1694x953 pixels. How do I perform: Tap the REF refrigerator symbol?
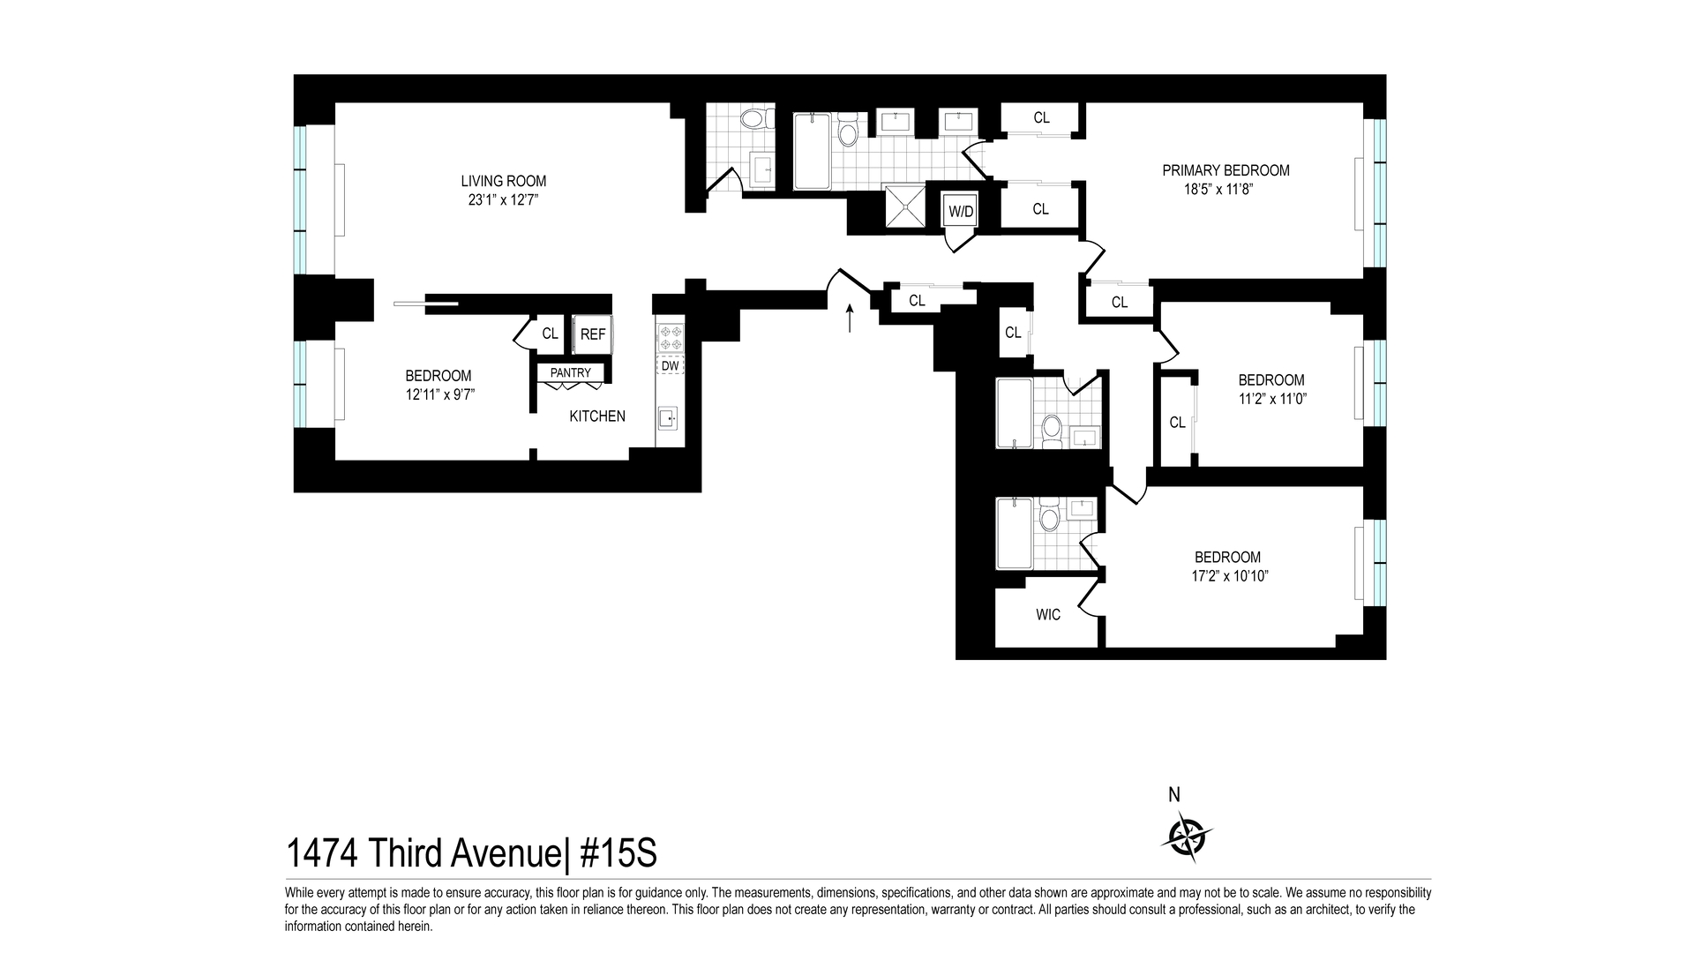pyautogui.click(x=593, y=334)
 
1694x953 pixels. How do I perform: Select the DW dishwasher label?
pyautogui.click(x=670, y=365)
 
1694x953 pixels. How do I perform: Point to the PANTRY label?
pyautogui.click(x=571, y=373)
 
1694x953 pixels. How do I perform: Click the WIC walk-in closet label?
pyautogui.click(x=1048, y=615)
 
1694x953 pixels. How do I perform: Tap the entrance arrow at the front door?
pyautogui.click(x=850, y=318)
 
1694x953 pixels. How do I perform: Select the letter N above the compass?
pyautogui.click(x=1174, y=795)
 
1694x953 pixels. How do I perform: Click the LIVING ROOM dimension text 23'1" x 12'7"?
pyautogui.click(x=503, y=200)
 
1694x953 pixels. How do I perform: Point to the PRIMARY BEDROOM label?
pyautogui.click(x=1226, y=170)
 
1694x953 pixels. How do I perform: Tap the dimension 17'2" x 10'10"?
pyautogui.click(x=1227, y=576)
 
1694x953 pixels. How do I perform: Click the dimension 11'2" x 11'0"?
pyautogui.click(x=1270, y=399)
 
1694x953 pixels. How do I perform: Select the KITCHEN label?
pyautogui.click(x=597, y=416)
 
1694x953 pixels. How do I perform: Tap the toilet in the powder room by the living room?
pyautogui.click(x=753, y=119)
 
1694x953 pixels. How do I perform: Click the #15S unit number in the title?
pyautogui.click(x=618, y=854)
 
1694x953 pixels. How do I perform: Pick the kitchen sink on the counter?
pyautogui.click(x=668, y=418)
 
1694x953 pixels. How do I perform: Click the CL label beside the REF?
pyautogui.click(x=550, y=334)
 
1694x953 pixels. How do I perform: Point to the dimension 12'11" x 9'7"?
pyautogui.click(x=440, y=394)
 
